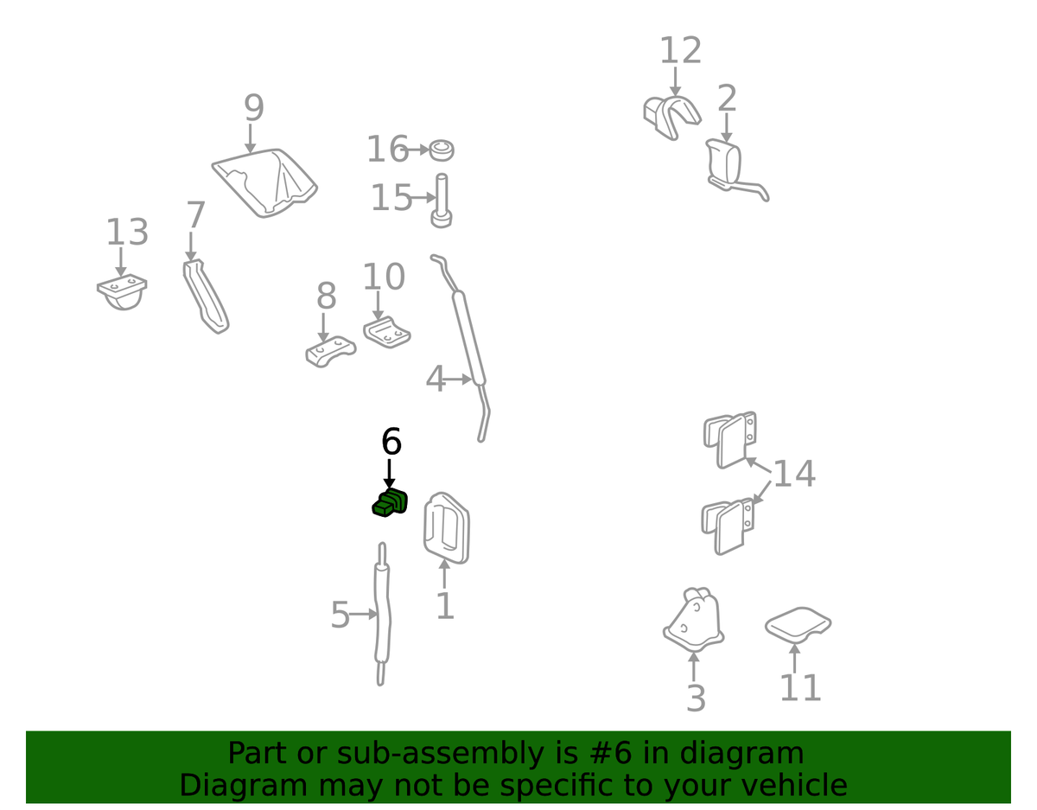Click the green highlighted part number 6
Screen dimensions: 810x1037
coord(390,503)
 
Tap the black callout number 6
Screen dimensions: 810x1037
coord(391,442)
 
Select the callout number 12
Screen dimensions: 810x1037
coord(680,52)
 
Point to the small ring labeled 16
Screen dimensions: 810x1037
coord(442,150)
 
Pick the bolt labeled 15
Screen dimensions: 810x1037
coord(441,202)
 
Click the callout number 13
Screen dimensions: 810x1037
coord(127,233)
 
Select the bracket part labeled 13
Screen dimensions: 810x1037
coord(122,291)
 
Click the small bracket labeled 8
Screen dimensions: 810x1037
coord(330,352)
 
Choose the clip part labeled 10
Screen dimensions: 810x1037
coord(386,332)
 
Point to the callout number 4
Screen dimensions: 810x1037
coord(436,379)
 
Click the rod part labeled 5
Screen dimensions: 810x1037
coord(383,614)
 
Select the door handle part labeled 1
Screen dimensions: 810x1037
coord(446,527)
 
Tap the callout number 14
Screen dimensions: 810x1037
coord(793,474)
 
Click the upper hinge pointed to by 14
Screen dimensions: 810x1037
coord(731,439)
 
